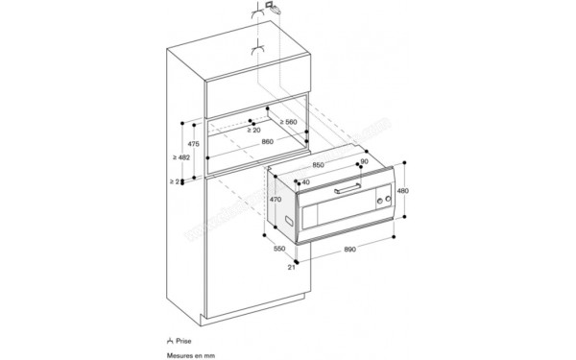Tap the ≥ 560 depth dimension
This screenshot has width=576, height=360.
[x=287, y=123]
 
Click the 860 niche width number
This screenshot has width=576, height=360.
[x=267, y=142]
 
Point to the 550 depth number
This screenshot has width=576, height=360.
[x=277, y=249]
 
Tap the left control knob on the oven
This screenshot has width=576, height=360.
[x=377, y=199]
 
